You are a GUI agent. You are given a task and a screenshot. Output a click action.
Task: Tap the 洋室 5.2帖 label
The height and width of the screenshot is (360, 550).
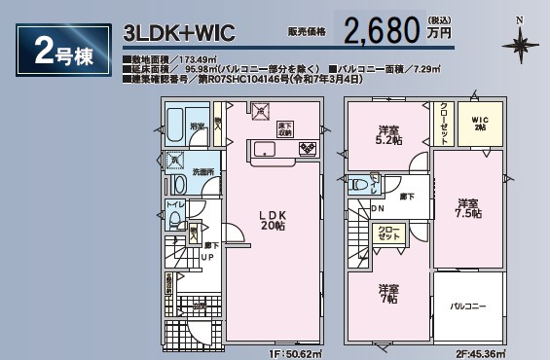389,135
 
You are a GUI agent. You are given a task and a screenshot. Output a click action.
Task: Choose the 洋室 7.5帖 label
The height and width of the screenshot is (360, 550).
470,208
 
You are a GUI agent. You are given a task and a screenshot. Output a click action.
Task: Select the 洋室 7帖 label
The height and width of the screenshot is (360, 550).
389,295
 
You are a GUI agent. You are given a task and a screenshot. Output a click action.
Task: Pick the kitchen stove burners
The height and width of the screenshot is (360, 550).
308,149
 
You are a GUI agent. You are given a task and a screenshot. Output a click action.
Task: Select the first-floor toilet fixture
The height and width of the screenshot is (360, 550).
178,219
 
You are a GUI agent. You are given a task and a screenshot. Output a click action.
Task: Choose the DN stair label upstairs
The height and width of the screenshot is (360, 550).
379,206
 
